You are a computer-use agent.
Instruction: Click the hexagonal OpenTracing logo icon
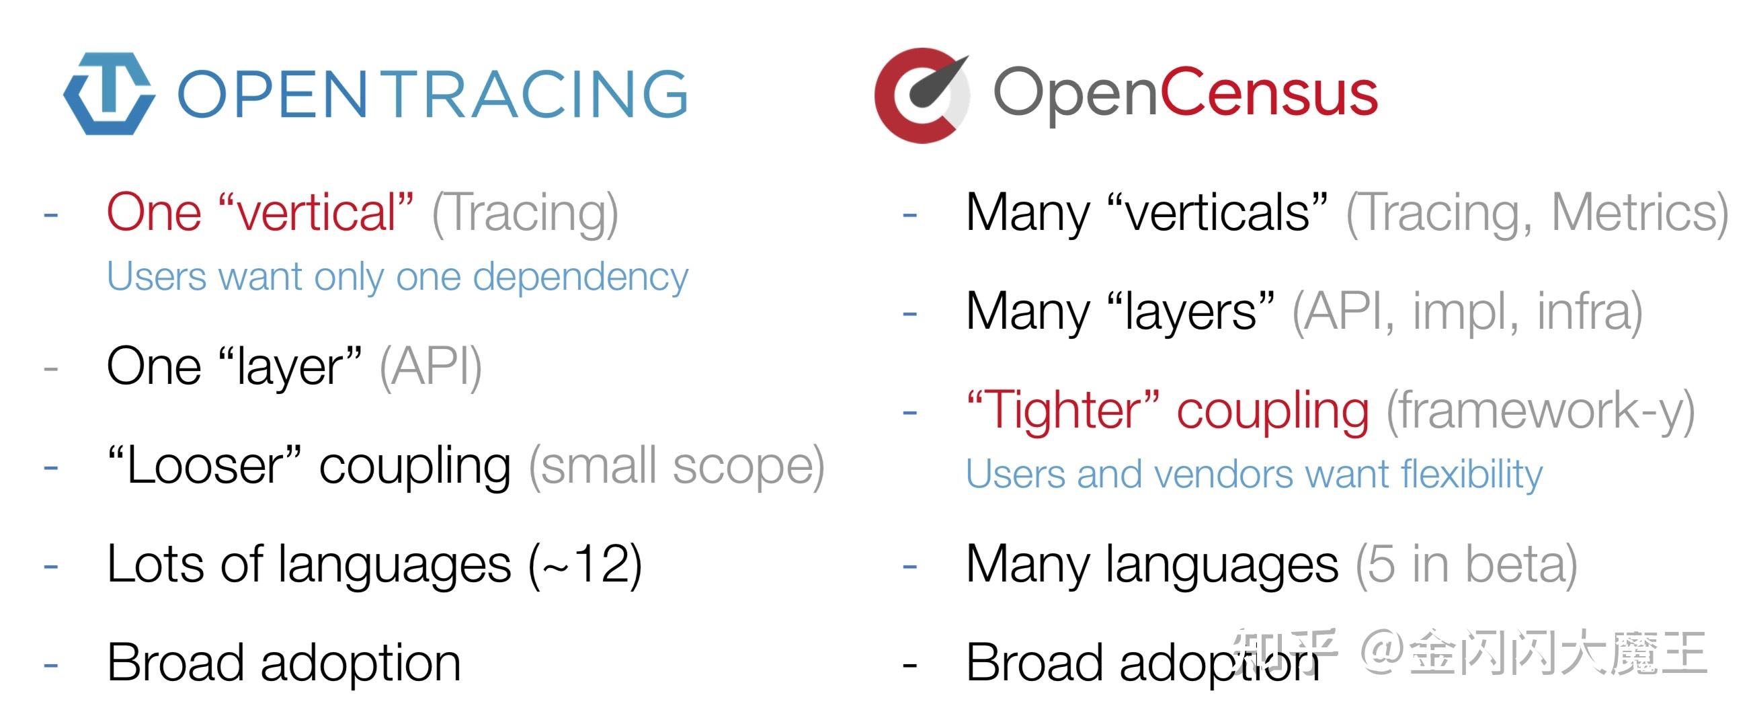pos(109,93)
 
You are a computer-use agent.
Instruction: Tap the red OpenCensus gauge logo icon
pos(922,95)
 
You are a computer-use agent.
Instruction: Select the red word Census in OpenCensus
pos(1268,93)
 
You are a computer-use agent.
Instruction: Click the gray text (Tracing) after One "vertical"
pos(526,214)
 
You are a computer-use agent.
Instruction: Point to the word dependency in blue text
pos(581,277)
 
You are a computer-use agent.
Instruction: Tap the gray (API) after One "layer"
pos(430,368)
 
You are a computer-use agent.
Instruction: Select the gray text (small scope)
pos(676,467)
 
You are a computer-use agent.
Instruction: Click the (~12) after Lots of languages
pos(585,565)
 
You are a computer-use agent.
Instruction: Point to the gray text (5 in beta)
pos(1467,565)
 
